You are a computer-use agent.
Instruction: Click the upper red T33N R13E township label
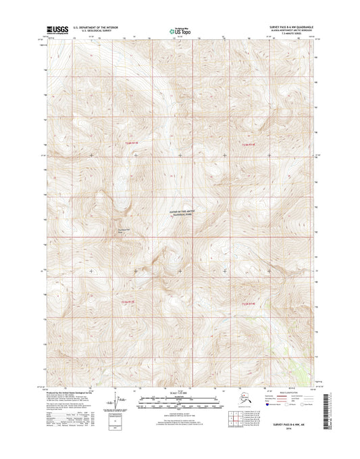click(x=130, y=143)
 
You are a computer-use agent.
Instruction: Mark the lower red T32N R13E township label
click(x=128, y=301)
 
